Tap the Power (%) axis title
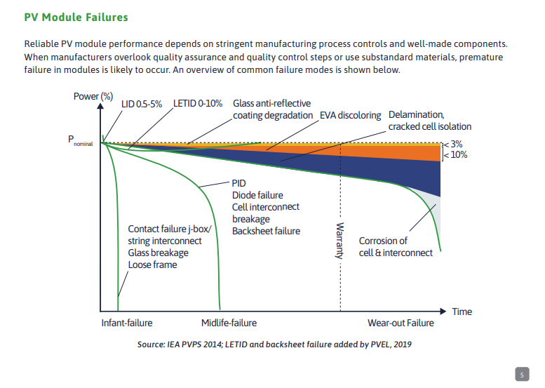pos(93,96)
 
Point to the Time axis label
pos(462,311)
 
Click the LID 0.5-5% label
pos(142,103)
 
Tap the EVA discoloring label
pos(350,115)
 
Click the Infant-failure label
pos(127,323)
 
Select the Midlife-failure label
pos(229,323)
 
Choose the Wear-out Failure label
pos(401,323)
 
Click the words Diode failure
pos(257,195)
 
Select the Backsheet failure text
pos(266,231)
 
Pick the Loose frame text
pos(152,265)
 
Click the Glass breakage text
pos(158,253)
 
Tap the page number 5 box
pos(522,375)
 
